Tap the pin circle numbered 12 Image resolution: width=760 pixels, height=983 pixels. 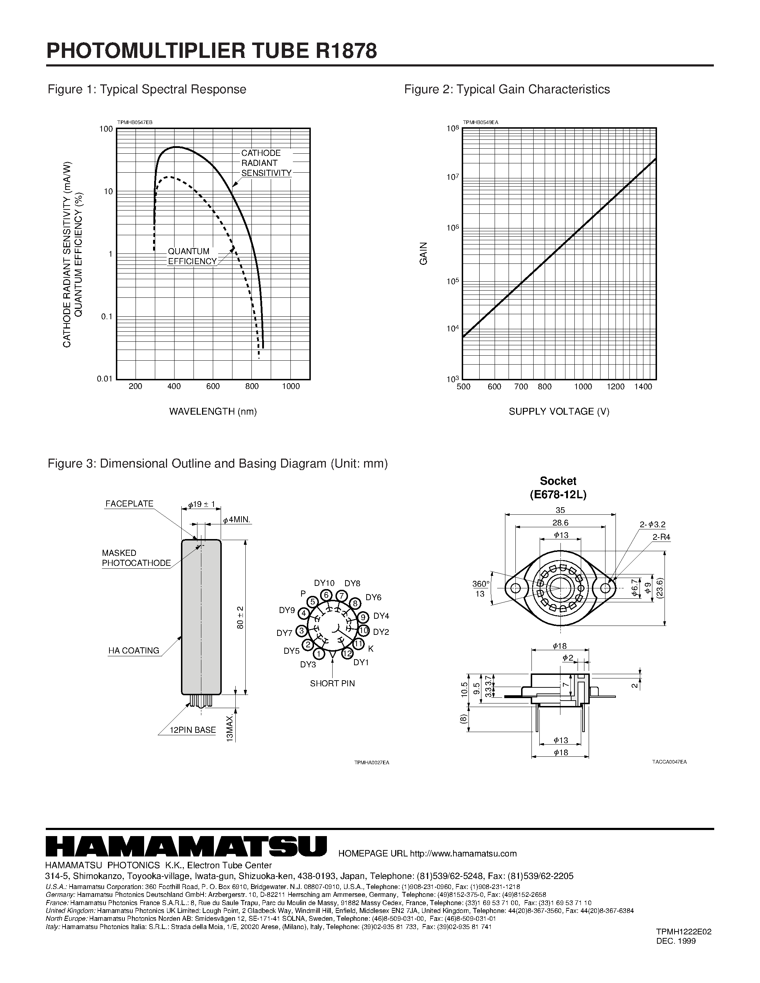point(347,653)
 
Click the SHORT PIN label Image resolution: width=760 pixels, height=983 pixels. point(332,683)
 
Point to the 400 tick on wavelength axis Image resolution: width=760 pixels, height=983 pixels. point(174,386)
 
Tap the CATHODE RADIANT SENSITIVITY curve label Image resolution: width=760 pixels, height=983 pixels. point(266,163)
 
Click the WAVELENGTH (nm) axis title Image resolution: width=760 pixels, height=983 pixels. point(213,411)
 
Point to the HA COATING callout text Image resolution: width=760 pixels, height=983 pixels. point(134,650)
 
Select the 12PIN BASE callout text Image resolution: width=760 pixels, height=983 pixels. point(193,730)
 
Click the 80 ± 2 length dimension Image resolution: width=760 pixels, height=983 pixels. point(240,618)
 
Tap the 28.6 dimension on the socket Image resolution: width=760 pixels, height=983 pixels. point(560,523)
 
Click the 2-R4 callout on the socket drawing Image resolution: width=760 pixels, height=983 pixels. point(661,537)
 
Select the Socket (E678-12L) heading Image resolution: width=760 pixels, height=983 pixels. point(558,488)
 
